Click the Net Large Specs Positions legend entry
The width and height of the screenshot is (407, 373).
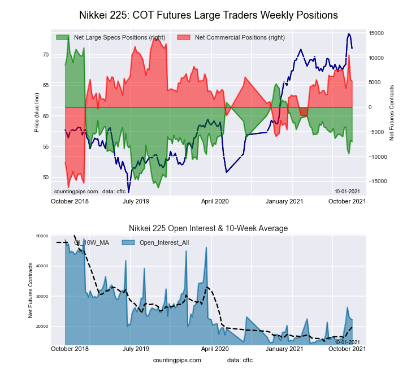pyautogui.click(x=119, y=37)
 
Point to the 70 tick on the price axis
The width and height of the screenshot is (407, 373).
pyautogui.click(x=45, y=55)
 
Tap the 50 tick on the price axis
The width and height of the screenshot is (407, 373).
pyautogui.click(x=45, y=177)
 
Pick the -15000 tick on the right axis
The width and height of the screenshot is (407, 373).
pyautogui.click(x=376, y=181)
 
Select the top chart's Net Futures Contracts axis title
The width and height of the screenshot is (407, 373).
pyautogui.click(x=392, y=112)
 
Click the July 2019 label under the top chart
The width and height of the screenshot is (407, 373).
pyautogui.click(x=136, y=201)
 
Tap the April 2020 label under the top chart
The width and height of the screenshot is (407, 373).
pyautogui.click(x=215, y=201)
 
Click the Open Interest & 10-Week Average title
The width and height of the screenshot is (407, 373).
pyautogui.click(x=208, y=228)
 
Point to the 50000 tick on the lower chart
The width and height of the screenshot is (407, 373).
pyautogui.click(x=41, y=236)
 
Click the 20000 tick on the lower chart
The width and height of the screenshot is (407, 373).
pyautogui.click(x=41, y=327)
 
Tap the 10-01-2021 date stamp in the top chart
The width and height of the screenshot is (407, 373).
pyautogui.click(x=347, y=191)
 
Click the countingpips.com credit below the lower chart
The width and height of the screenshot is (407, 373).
pyautogui.click(x=176, y=360)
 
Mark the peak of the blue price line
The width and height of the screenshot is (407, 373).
pyautogui.click(x=349, y=34)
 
